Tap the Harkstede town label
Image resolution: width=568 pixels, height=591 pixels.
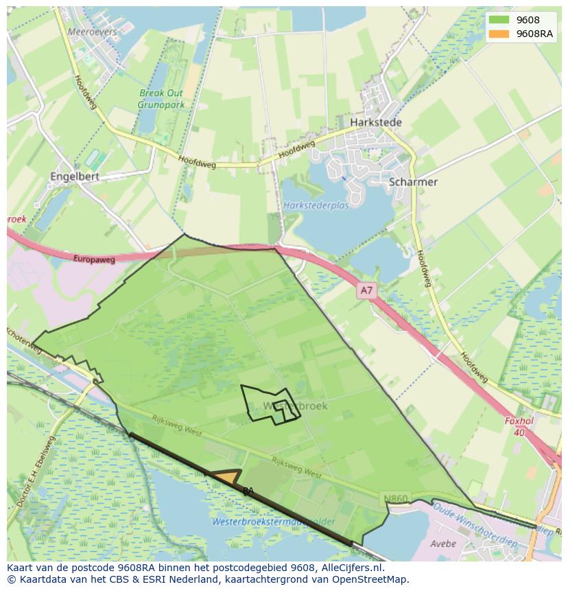pyautogui.click(x=376, y=122)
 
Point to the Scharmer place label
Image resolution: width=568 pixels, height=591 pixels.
pyautogui.click(x=413, y=182)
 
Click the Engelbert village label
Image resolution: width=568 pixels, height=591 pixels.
pyautogui.click(x=75, y=176)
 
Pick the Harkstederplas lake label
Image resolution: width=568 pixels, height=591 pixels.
pyautogui.click(x=316, y=205)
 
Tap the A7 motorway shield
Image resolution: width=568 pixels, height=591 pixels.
pyautogui.click(x=366, y=290)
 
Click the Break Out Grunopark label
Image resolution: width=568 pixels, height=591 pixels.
pyautogui.click(x=161, y=99)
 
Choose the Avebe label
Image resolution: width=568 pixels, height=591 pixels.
pyautogui.click(x=442, y=544)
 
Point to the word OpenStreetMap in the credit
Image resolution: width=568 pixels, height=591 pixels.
pyautogui.click(x=375, y=579)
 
